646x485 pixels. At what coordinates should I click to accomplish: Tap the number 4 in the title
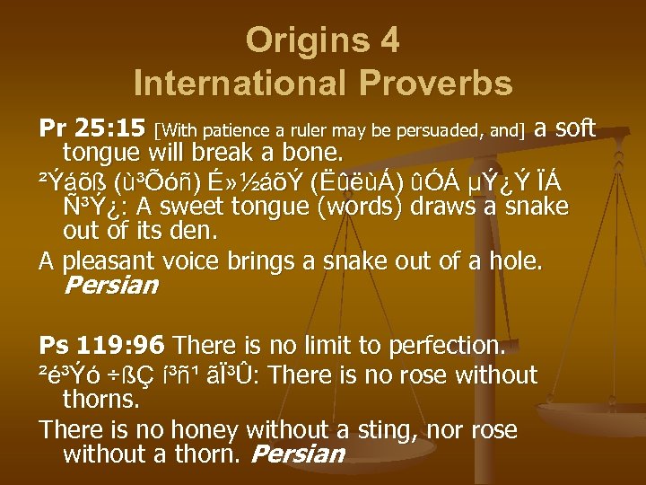[x=388, y=40]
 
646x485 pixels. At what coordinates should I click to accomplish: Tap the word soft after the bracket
[x=575, y=129]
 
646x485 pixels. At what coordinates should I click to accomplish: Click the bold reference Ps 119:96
[x=102, y=345]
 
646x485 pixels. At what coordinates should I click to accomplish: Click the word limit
[x=305, y=345]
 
